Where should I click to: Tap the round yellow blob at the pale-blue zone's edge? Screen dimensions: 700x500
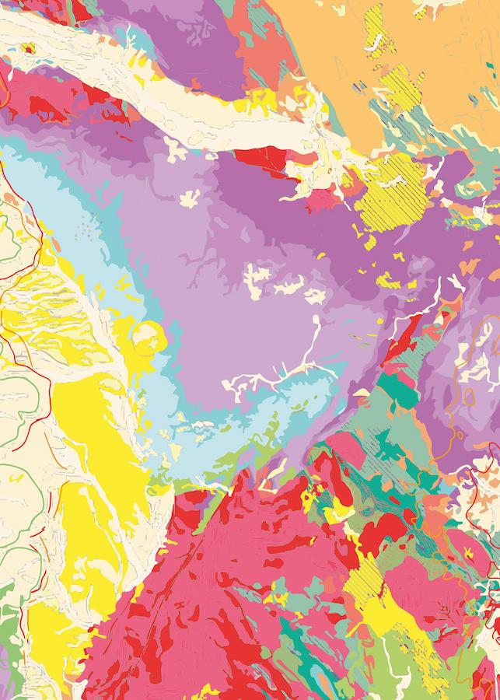coord(147,339)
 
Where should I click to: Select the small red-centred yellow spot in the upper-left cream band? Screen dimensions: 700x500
coord(30,48)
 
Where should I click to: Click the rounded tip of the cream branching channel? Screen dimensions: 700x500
coord(316,320)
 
